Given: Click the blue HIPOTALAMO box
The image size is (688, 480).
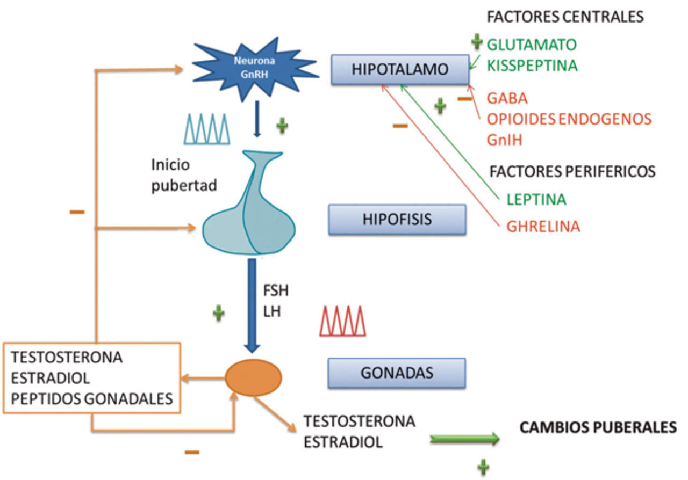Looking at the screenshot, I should coord(399,69).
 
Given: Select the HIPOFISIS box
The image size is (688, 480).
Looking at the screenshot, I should coord(397,219).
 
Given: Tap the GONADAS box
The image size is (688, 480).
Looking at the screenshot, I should coord(397,373).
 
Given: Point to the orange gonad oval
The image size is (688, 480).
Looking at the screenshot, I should coord(253,378).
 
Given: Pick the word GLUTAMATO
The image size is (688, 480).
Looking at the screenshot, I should coord(532,45).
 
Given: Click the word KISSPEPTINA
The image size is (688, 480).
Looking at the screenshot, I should coord(532,66).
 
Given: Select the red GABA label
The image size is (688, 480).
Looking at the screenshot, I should coord(507,99).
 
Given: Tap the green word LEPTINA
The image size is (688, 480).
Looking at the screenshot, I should coord(536,200).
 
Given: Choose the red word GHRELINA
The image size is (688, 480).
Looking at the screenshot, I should coord(543,227).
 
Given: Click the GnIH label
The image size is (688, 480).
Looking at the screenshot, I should coord(505,140).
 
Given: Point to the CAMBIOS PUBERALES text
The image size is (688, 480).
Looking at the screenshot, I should coord(597,428).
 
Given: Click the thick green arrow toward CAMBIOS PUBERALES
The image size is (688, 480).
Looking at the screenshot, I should coord(464,439).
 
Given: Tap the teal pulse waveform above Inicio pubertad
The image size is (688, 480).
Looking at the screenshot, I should coord(207,129).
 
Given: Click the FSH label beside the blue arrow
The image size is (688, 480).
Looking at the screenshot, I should coord(276,291).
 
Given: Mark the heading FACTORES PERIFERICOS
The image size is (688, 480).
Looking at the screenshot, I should coord(572,171).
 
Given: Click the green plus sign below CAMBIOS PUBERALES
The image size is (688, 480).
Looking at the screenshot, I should coord(484,467).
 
